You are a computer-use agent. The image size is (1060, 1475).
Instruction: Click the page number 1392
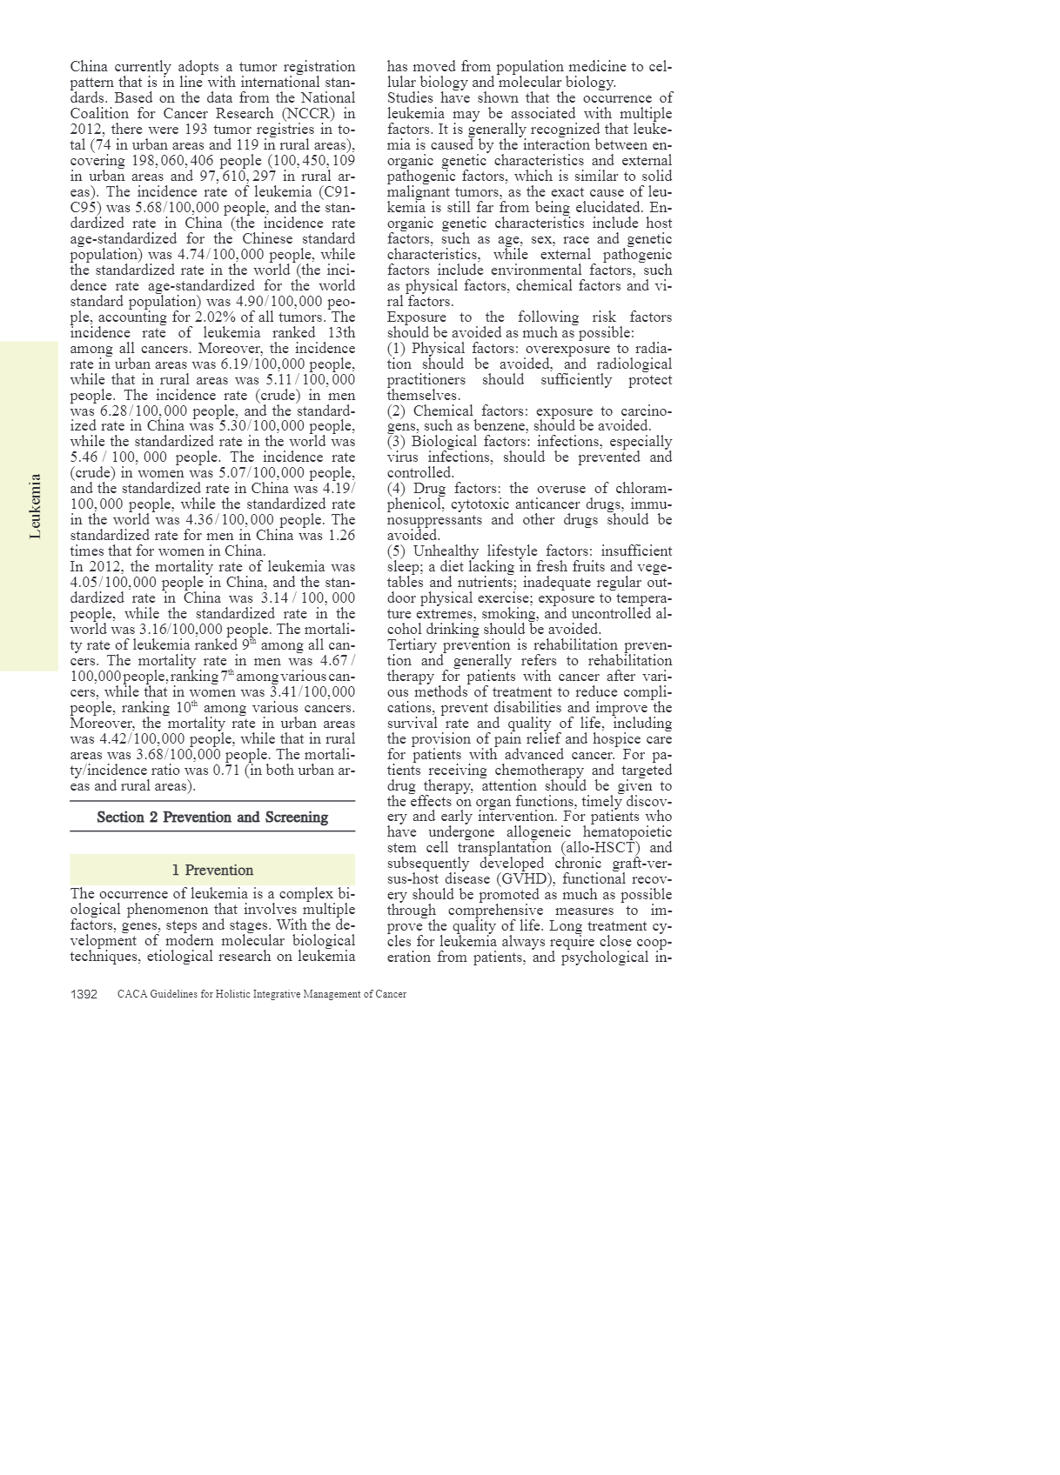84,994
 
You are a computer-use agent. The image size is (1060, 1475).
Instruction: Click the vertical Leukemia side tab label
35,506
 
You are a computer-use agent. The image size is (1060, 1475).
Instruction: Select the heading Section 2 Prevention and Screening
212,818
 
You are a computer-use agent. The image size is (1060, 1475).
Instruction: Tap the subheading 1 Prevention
212,870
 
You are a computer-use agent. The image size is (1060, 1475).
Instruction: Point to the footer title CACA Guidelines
261,994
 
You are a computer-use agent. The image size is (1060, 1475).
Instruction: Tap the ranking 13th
338,333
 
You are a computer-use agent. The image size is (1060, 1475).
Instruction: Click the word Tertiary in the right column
412,645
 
